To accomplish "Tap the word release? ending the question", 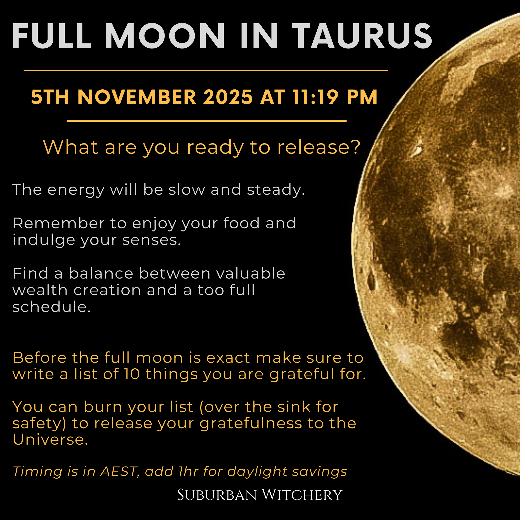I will [319, 147].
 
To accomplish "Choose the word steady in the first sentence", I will [276, 190].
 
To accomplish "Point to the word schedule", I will [51, 307].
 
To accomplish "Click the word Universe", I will [50, 440].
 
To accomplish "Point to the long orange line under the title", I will [206, 71].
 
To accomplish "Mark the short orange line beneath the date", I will [207, 121].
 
